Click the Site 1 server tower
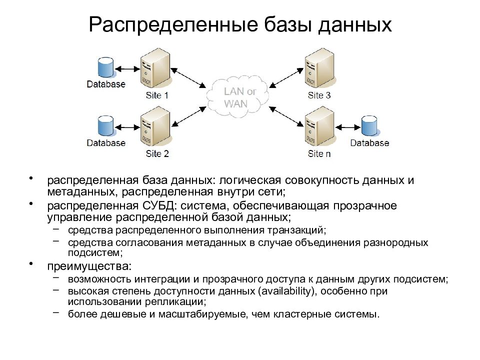155,68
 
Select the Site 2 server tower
155,126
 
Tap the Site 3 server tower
319,68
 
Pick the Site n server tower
319,126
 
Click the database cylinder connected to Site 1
105,67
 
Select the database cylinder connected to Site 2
105,125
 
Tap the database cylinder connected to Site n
369,126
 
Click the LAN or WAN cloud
237,96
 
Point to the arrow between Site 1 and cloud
188,78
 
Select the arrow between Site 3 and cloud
286,78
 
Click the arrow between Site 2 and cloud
188,116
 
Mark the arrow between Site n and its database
348,127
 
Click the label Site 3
319,95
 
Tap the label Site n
319,153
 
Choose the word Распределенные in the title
173,25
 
